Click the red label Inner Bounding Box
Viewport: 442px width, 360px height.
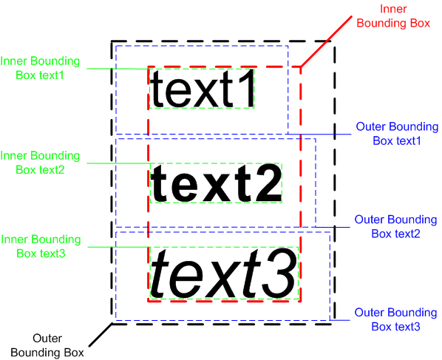tap(393, 16)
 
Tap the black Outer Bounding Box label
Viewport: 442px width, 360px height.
tap(47, 345)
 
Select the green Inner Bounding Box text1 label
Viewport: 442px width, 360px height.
tap(40, 68)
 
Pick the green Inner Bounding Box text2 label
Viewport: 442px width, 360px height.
tap(40, 163)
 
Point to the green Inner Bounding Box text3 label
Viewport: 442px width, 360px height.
tap(41, 246)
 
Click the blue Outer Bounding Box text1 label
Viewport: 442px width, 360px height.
tap(397, 134)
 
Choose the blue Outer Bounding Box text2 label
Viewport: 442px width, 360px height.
tap(395, 227)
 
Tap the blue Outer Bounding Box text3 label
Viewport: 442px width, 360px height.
tap(395, 319)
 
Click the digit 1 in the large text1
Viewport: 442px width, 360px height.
tap(246, 88)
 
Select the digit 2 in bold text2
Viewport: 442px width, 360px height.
tap(268, 183)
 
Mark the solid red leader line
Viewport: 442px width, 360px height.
tap(326, 41)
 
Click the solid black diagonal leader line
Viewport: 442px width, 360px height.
tap(101, 335)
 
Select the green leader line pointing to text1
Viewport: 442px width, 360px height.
tap(118, 69)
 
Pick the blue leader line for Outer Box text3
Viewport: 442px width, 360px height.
tap(340, 320)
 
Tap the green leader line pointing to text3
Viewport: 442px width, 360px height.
tap(119, 247)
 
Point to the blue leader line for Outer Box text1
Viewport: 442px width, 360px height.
tap(319, 135)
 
